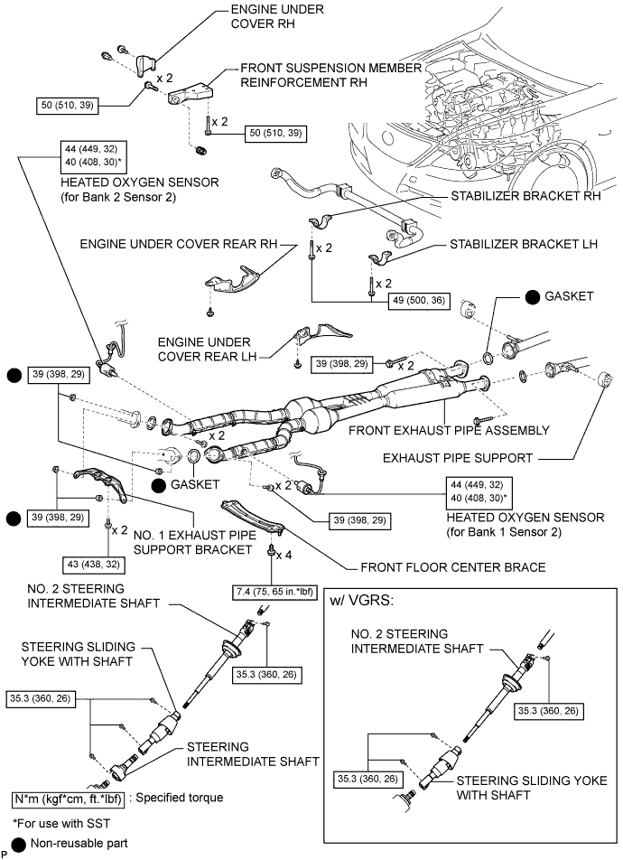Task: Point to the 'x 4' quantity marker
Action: point(284,553)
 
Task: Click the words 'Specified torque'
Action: point(182,799)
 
